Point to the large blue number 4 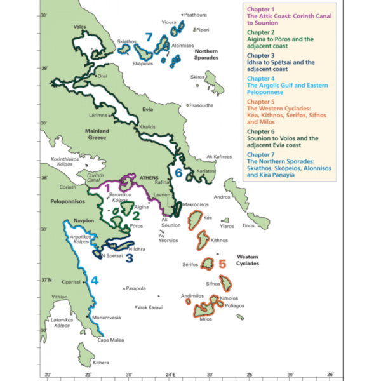[94, 280]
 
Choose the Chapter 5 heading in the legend [260, 100]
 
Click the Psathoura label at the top [196, 14]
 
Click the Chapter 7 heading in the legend [260, 154]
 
